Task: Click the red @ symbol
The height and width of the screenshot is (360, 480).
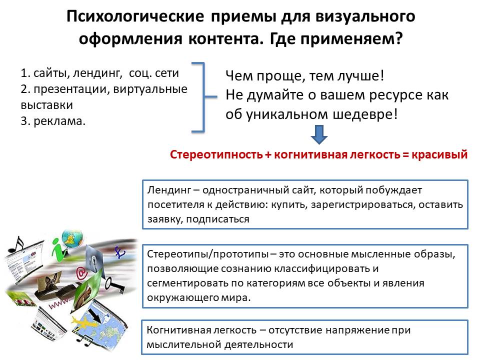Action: pyautogui.click(x=81, y=272)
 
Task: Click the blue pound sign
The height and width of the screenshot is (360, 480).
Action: pyautogui.click(x=119, y=253)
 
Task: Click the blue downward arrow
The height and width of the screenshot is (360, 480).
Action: pyautogui.click(x=319, y=134)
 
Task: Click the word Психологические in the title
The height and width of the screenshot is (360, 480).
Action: pyautogui.click(x=135, y=16)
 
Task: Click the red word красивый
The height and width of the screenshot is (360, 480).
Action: pyautogui.click(x=439, y=154)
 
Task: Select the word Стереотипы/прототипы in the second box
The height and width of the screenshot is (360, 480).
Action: pyautogui.click(x=207, y=254)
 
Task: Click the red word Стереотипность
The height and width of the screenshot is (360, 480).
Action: pyautogui.click(x=216, y=154)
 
